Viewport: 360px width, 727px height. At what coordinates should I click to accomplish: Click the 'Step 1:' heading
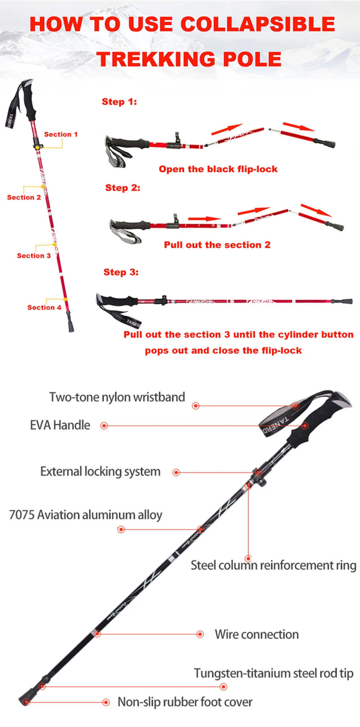[x=119, y=102]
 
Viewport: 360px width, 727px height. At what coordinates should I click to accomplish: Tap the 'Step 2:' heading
[x=122, y=188]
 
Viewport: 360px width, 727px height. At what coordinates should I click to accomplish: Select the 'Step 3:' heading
[x=121, y=272]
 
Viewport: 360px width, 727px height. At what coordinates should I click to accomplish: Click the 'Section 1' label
[x=60, y=134]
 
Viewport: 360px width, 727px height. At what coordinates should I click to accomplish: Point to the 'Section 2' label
[x=24, y=197]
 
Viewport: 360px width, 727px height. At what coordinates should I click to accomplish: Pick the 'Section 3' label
[x=33, y=256]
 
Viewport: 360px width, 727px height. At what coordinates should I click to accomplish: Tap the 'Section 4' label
[x=44, y=308]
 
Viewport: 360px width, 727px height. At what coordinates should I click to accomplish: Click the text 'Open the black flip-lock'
[x=218, y=169]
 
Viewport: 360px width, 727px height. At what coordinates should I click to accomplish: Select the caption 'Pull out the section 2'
[x=217, y=245]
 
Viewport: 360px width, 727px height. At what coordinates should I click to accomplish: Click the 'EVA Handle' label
[x=60, y=425]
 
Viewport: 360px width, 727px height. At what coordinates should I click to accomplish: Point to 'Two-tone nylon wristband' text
[x=117, y=397]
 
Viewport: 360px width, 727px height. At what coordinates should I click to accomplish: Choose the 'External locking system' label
[x=100, y=472]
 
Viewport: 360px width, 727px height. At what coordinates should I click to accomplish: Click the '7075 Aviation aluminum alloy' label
[x=86, y=515]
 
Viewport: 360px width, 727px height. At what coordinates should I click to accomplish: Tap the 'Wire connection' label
[x=257, y=634]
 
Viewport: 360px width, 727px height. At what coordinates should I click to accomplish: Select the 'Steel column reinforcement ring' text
[x=273, y=565]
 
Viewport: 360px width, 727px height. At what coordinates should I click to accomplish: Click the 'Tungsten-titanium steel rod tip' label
[x=274, y=673]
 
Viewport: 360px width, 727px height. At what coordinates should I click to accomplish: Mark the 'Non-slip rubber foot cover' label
[x=185, y=702]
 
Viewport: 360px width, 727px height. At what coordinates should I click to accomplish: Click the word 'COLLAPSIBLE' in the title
[x=257, y=24]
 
